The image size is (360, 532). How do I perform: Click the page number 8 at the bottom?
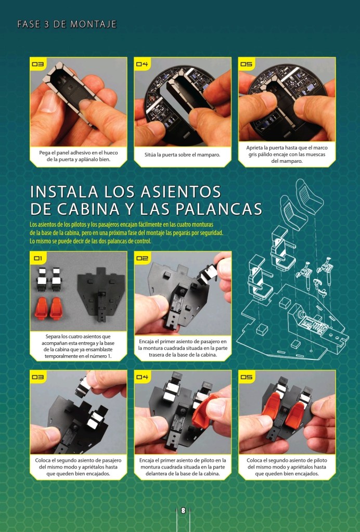coord(183,510)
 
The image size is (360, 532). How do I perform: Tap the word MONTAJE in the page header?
coord(93,24)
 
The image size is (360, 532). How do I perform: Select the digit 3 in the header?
coord(46,24)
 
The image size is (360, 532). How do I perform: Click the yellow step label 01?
coord(38,258)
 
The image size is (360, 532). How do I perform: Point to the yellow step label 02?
coord(142,258)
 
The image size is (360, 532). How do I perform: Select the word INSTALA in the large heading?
coord(65,192)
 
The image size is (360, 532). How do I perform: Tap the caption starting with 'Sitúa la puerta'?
coord(183,155)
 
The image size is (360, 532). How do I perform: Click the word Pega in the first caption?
coord(44,153)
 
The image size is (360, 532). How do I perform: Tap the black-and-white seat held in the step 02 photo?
coord(208,274)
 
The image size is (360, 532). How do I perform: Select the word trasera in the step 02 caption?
coord(157,355)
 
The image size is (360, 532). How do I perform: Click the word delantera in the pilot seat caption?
coord(157,474)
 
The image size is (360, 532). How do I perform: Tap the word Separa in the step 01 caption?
coord(53,336)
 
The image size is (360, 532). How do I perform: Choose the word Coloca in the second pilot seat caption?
coord(254,460)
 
